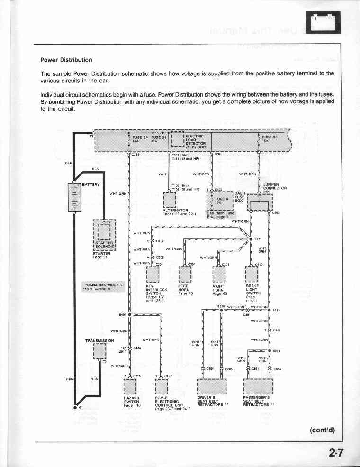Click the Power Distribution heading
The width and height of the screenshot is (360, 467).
[66, 60]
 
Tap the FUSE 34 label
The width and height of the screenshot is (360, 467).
[139, 137]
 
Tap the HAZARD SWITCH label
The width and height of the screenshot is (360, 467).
[131, 400]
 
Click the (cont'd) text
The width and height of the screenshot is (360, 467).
[322, 430]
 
